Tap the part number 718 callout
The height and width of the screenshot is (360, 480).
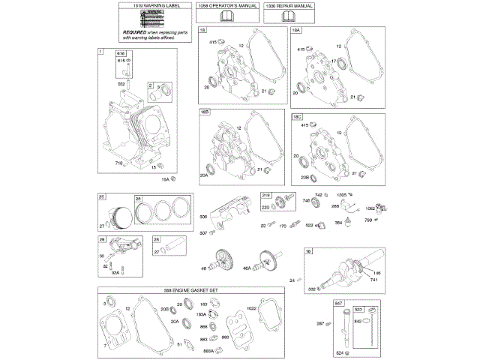click(118, 162)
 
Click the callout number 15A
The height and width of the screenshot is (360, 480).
click(165, 180)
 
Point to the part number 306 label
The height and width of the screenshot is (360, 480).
click(203, 217)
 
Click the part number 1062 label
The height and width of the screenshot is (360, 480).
click(370, 208)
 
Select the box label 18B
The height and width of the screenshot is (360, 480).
click(205, 112)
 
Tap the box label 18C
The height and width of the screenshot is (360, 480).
click(297, 118)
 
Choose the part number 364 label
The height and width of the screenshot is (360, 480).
click(338, 223)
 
